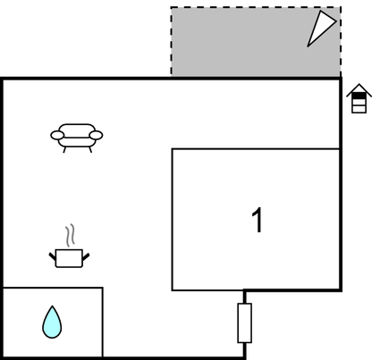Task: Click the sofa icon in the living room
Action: (77, 138)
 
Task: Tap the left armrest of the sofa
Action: (57, 136)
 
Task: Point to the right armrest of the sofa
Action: (96, 136)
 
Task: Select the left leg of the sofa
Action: (64, 150)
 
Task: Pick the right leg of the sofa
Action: (90, 150)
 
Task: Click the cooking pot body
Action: (69, 258)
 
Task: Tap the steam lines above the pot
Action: (70, 235)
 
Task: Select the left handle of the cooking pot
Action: (53, 256)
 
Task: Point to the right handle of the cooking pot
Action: (86, 256)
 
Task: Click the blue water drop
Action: (52, 323)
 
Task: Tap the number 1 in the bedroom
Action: (258, 220)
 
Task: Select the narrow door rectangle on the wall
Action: (244, 323)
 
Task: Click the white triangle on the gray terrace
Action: (320, 28)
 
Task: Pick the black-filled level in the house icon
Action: (359, 96)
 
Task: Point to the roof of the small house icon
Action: (359, 90)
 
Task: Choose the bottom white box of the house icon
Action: (359, 109)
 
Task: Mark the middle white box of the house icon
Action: (359, 103)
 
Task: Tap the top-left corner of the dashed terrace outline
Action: (171, 7)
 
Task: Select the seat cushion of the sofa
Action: (77, 142)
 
